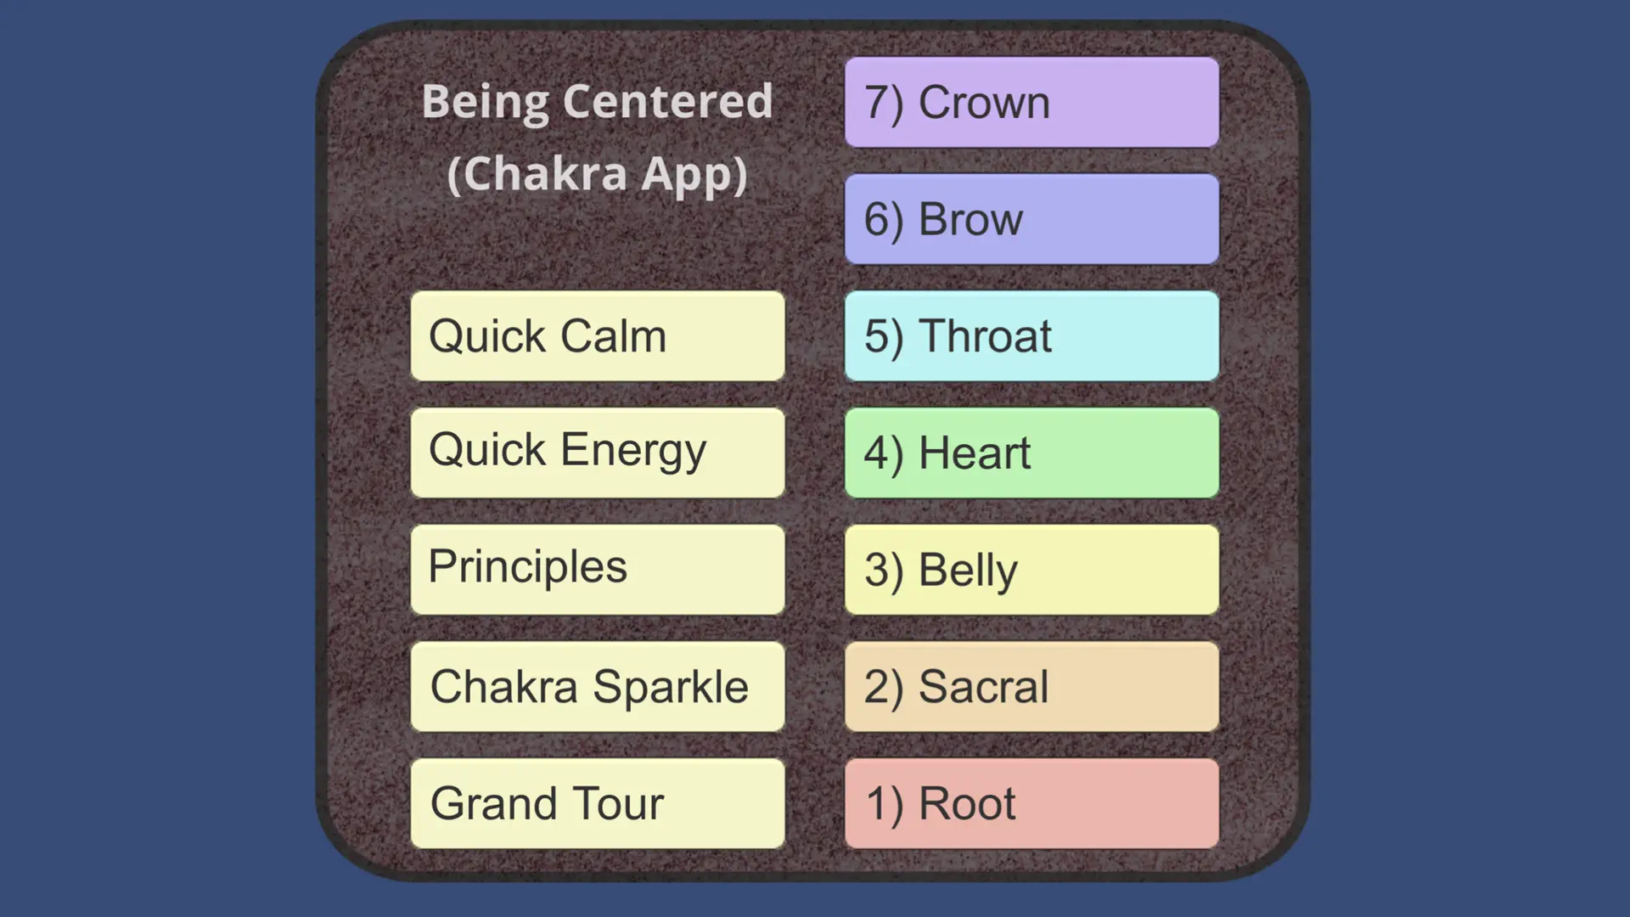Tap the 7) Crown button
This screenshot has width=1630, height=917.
[1031, 102]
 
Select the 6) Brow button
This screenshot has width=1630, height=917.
[1031, 219]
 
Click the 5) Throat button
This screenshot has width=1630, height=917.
[1031, 336]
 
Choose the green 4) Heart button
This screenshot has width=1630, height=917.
[1031, 453]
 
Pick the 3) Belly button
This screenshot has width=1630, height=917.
[1031, 570]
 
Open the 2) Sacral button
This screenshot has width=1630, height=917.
[1031, 686]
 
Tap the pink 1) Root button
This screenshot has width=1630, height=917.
[1031, 803]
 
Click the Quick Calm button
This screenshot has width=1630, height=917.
[598, 336]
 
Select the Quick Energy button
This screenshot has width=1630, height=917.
[598, 453]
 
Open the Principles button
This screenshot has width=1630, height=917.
[598, 570]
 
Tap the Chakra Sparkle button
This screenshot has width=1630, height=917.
[598, 686]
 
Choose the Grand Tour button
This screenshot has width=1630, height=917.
[598, 803]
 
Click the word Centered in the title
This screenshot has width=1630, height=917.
[668, 102]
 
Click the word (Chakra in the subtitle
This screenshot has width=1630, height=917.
[537, 174]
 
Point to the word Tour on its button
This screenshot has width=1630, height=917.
[618, 804]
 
